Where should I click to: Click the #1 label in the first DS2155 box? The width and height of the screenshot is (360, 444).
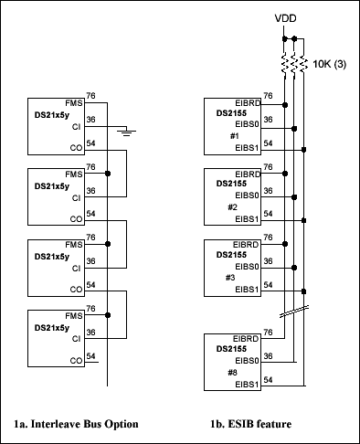(x=233, y=133)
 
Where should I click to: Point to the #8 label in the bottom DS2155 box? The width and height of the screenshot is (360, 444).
(x=233, y=372)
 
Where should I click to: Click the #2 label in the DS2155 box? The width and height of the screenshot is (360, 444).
(x=233, y=206)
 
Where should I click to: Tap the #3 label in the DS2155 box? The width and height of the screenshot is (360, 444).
(x=233, y=278)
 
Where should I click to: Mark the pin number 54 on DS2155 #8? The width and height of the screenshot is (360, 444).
(x=268, y=377)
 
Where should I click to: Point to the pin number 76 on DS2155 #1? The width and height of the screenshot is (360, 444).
(x=268, y=93)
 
